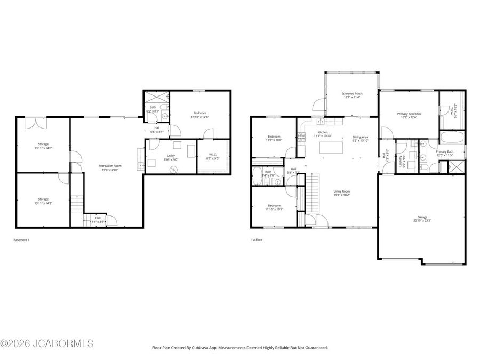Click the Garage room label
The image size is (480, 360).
(x=422, y=217)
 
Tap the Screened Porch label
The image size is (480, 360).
(x=351, y=94)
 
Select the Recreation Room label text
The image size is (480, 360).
(x=110, y=166)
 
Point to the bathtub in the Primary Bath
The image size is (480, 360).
(x=452, y=139)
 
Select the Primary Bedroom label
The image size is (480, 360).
(x=409, y=114)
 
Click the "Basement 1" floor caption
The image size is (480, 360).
(x=21, y=240)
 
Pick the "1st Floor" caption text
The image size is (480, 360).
(x=257, y=240)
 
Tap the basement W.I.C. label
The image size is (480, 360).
(x=213, y=155)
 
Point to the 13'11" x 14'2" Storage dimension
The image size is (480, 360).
(x=43, y=203)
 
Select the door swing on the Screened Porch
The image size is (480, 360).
(x=318, y=105)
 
